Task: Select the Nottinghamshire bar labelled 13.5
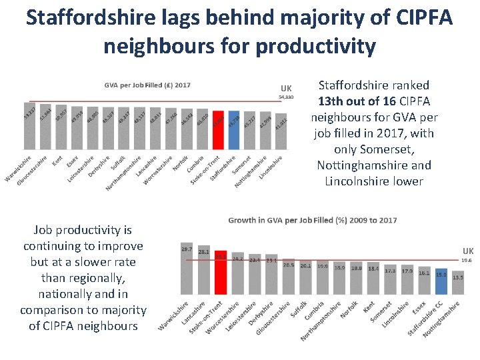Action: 457,284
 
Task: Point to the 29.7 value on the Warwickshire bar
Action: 187,249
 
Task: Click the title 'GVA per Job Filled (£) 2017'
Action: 147,85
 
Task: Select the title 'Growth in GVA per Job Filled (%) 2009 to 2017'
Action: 312,219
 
